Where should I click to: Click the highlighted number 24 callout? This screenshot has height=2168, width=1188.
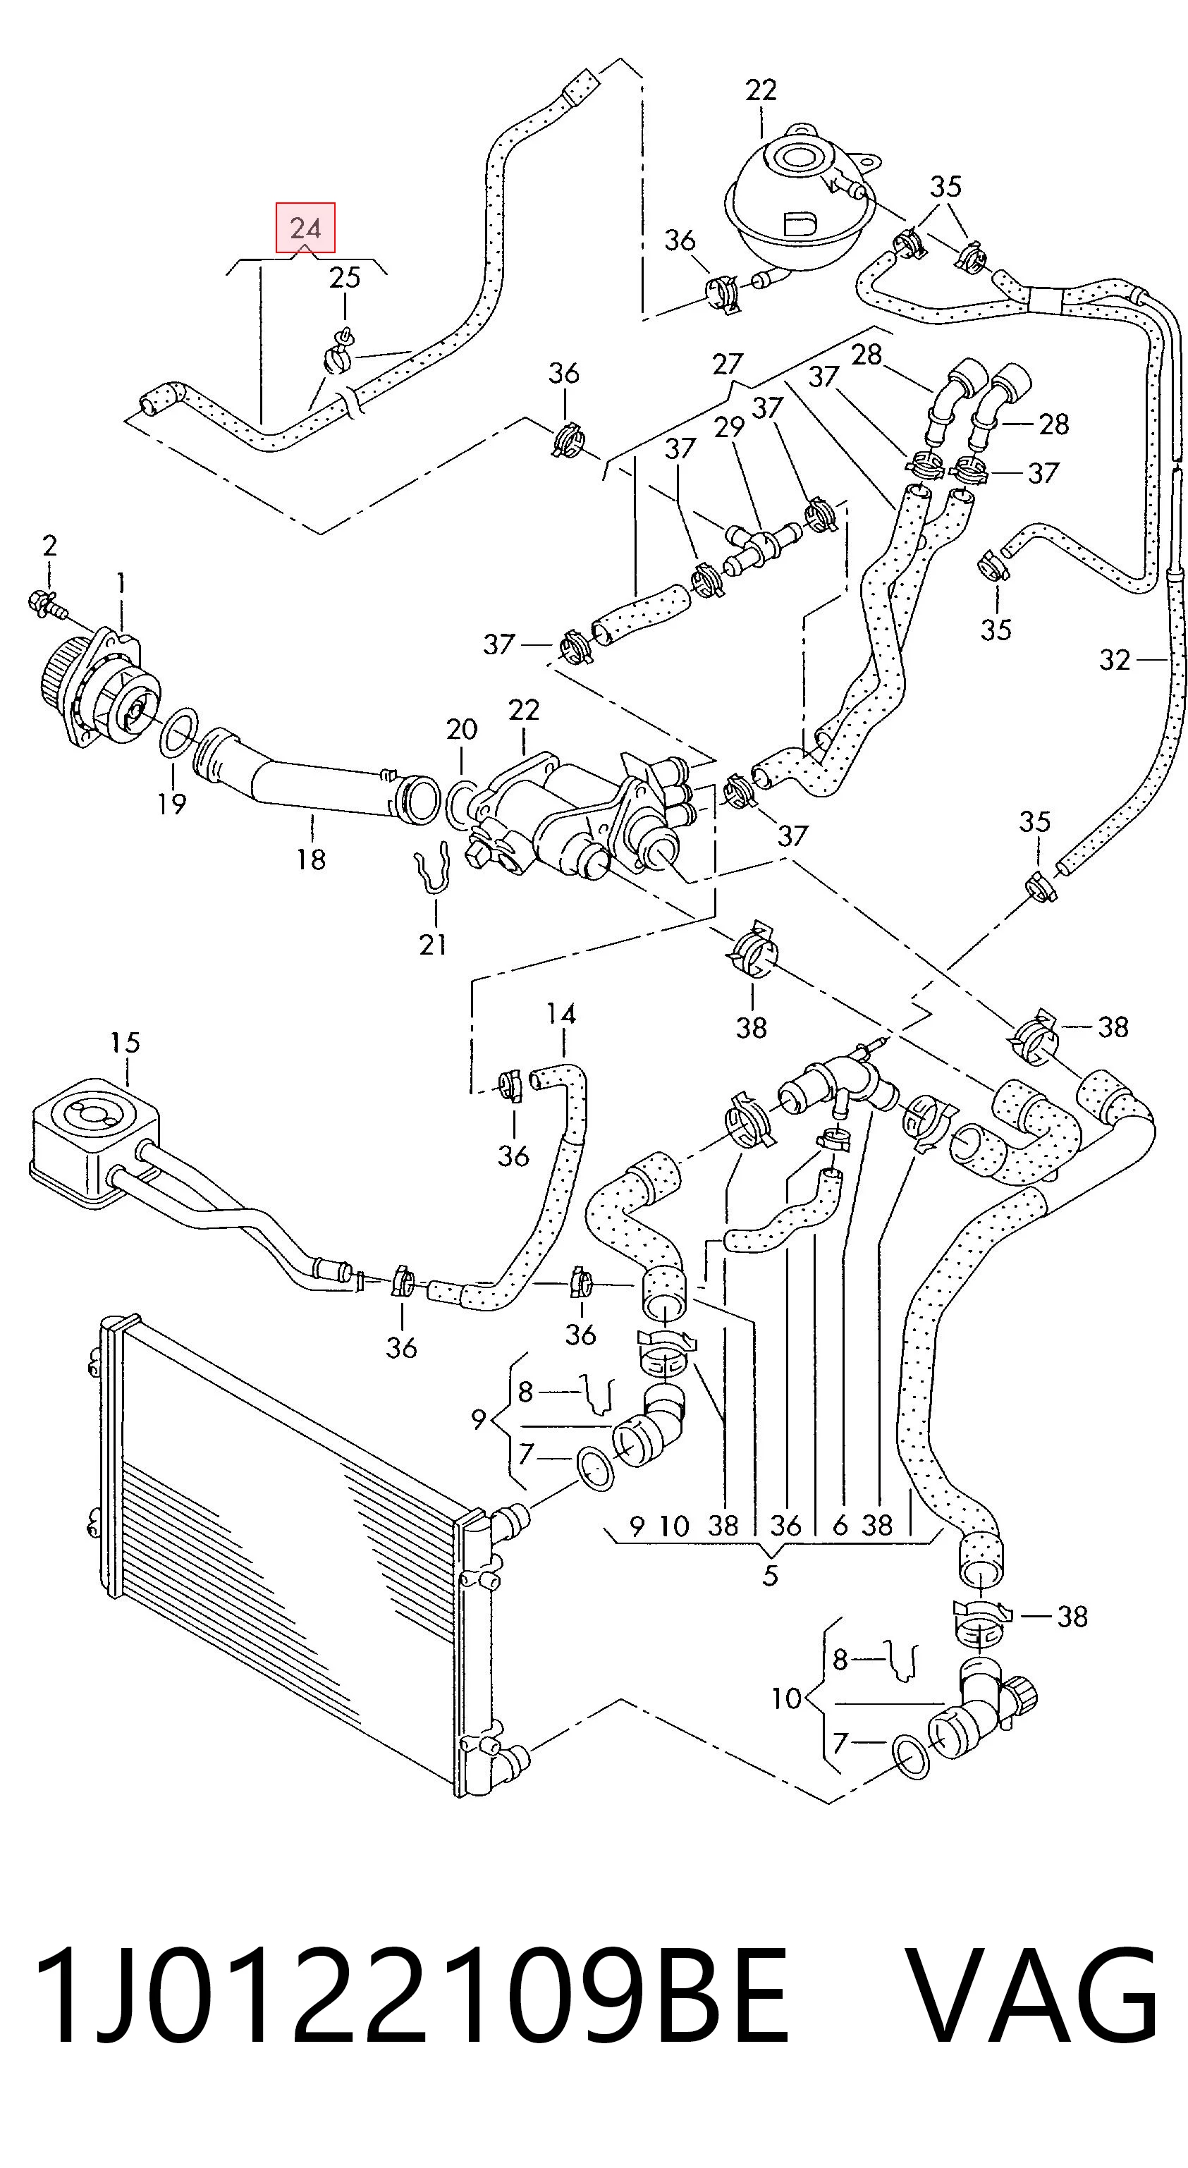306,227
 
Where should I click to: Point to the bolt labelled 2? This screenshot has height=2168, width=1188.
47,602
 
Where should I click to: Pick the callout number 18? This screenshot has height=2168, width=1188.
310,859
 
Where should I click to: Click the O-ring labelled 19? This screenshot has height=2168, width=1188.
179,733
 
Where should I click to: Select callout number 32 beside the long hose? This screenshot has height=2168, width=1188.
1114,660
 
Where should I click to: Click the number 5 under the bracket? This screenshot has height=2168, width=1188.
771,1576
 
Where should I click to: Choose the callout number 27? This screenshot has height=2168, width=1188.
727,364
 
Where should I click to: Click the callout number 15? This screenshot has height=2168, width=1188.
125,1043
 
